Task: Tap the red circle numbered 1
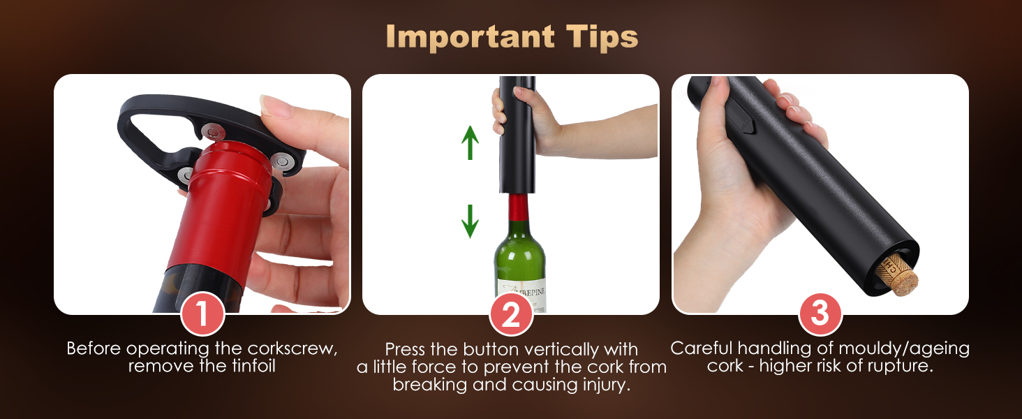pos(202,314)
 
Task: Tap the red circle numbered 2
pos(511,314)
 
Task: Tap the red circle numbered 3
pos(820,314)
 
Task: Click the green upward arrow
pos(470,142)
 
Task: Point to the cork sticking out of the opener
pos(901,274)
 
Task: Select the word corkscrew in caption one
pos(292,348)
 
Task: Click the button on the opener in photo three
pos(743,124)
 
